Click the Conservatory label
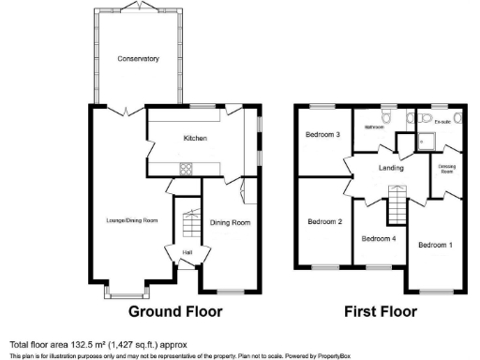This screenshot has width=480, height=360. tap(138, 59)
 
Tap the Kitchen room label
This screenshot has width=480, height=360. tap(194, 140)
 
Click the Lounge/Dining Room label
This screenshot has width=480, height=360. tap(131, 220)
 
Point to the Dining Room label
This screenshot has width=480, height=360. tap(230, 222)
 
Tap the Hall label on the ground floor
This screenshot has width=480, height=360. tap(187, 252)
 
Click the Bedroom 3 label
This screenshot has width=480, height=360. tap(322, 135)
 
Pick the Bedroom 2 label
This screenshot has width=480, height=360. tap(324, 222)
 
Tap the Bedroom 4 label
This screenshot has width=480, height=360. tap(379, 238)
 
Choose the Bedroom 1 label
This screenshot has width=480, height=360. tap(435, 245)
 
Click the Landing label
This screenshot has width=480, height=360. tap(391, 169)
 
